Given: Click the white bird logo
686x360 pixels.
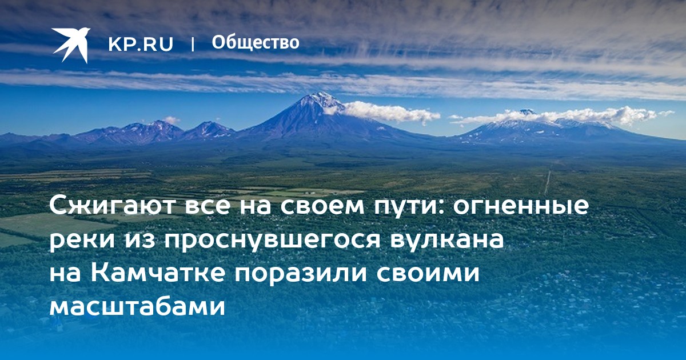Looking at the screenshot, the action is point(71,45).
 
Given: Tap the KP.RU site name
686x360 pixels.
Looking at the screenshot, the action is point(141,44).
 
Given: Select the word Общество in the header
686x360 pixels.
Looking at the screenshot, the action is point(256,42).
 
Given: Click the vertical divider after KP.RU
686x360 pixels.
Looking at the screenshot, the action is point(193,45).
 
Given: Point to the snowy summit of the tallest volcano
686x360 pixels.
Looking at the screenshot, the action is point(318,97).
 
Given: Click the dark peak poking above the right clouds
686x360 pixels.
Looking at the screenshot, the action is point(527,112).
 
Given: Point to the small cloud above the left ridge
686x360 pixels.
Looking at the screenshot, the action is point(171,119).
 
